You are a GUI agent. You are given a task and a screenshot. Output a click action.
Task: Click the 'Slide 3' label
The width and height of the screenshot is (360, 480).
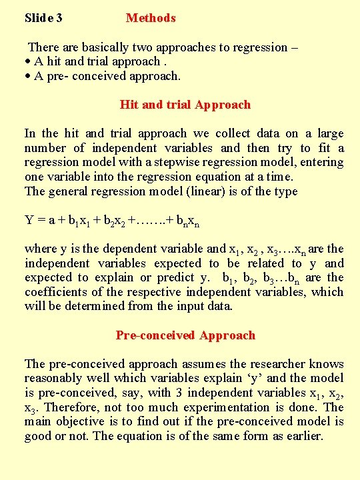coord(43,18)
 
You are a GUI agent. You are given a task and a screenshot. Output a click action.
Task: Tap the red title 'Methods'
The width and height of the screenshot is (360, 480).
coord(151,18)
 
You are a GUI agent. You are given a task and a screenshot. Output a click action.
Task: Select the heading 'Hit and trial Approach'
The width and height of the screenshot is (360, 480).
coord(185,105)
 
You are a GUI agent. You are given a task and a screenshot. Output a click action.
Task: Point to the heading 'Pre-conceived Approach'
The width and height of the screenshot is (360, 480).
coord(185,335)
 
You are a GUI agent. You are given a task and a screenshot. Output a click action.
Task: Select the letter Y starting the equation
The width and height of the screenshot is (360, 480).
coord(29,220)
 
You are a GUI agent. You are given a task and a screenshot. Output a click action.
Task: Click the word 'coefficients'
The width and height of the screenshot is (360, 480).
coord(55,292)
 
